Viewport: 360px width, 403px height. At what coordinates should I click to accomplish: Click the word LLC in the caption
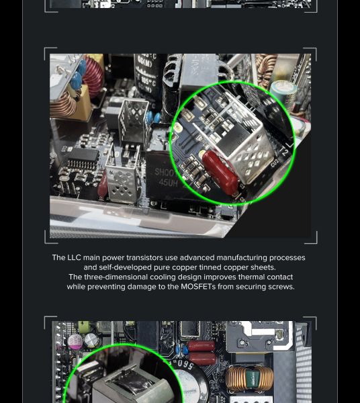pos(74,257)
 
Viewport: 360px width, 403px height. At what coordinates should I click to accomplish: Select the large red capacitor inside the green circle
pos(220,172)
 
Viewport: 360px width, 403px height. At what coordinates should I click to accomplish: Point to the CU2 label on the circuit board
pos(275,163)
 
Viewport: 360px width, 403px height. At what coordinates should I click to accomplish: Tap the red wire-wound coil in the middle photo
pos(93,75)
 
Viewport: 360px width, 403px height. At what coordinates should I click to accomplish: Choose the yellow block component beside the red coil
pos(82,103)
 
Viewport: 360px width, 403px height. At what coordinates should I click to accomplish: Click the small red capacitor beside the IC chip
pos(103,184)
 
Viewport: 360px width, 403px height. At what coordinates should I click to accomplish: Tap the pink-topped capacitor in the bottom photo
pos(75,341)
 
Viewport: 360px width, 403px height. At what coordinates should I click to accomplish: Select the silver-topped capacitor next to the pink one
pos(91,340)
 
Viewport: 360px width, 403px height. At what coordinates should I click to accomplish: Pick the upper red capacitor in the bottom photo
pos(201,346)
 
